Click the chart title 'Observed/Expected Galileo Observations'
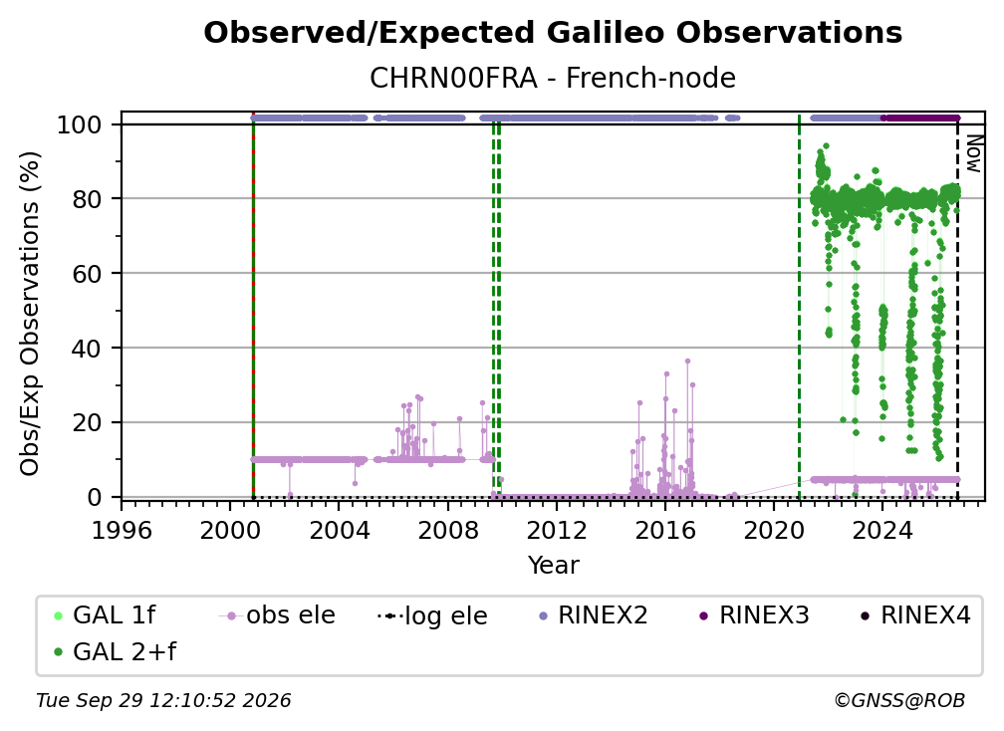553,33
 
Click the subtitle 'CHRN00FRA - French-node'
553,78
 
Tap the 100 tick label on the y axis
80,124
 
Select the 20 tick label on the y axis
87,422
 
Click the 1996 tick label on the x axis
122,531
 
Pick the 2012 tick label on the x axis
557,531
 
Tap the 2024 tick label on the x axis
881,531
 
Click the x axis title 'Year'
553,566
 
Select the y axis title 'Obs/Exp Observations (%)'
30,314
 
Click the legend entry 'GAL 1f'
105,615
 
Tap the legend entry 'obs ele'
277,615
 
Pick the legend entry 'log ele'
433,615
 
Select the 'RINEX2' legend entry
594,615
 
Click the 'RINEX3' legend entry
755,615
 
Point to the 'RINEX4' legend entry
916,615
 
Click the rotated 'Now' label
973,153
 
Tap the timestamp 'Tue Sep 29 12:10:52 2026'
163,701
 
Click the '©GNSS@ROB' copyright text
899,701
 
